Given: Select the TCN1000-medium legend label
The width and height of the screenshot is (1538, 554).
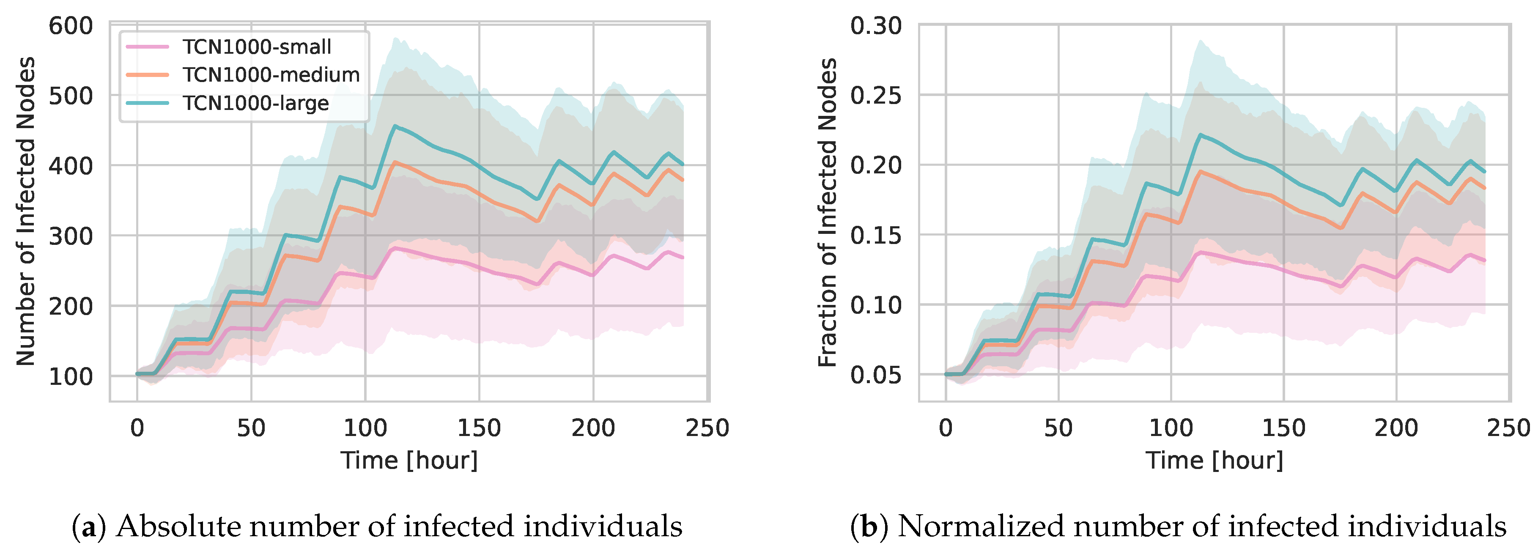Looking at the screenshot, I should (x=271, y=75).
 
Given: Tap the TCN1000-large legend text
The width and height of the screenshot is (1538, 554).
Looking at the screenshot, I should (x=255, y=103).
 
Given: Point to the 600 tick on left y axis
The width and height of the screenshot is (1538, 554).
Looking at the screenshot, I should (x=71, y=26).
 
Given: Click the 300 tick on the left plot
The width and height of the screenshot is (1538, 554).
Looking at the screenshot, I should (x=71, y=236).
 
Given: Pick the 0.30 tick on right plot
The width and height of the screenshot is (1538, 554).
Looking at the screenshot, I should (x=876, y=26).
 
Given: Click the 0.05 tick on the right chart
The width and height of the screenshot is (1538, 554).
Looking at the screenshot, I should (x=876, y=376).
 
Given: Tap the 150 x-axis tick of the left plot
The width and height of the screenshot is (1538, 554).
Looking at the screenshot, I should (x=479, y=428).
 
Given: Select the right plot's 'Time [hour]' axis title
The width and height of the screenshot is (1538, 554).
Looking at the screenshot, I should (x=1214, y=460).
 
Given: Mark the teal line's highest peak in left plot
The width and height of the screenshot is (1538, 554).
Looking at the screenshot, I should (x=394, y=126).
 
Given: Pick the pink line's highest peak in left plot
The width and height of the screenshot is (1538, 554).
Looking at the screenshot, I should (x=394, y=247).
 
